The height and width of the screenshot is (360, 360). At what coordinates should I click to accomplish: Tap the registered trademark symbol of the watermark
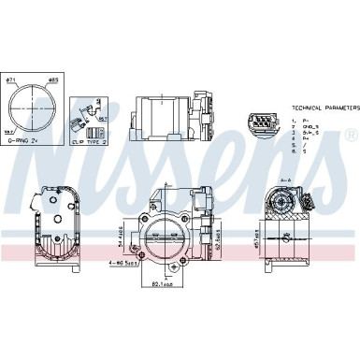(352, 136)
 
